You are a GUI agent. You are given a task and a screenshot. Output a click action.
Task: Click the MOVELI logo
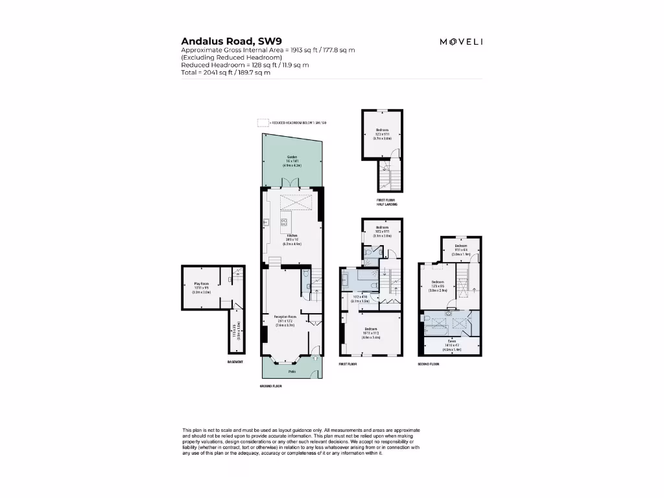[461, 42]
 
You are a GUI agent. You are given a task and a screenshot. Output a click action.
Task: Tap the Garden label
[291, 158]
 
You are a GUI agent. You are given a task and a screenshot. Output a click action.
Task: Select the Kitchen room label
[292, 235]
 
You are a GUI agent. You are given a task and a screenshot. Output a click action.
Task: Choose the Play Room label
[202, 284]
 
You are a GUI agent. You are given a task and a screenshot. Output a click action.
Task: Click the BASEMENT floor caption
[235, 362]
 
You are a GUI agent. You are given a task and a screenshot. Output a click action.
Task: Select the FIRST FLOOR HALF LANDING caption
[387, 202]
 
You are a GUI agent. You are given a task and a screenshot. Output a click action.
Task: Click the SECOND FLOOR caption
[429, 364]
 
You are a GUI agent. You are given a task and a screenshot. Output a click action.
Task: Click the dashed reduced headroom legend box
[262, 122]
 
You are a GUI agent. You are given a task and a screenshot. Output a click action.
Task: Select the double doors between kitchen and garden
[294, 184]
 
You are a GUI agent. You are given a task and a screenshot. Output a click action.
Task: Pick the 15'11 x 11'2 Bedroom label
[371, 329]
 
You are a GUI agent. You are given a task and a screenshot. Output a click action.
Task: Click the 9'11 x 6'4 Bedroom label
[461, 246]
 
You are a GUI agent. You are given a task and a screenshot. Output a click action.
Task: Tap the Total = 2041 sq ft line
[226, 73]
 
